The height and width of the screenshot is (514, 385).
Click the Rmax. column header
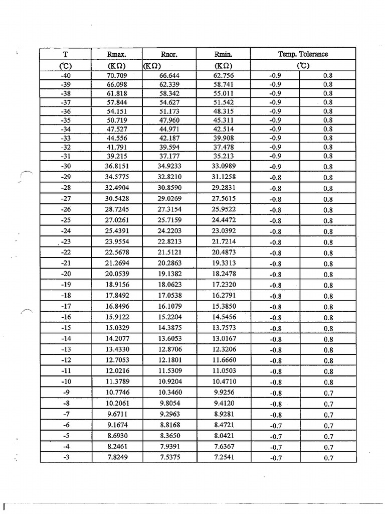pos(117,54)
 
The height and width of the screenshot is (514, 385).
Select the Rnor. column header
pos(169,54)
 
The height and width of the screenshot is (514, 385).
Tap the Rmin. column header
pos(224,54)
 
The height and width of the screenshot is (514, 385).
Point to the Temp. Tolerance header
pos(303,54)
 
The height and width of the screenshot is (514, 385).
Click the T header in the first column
pos(65,54)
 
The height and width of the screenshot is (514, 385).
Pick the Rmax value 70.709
pos(117,76)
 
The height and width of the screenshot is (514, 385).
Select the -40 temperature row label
pos(65,76)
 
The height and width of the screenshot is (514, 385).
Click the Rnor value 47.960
pos(169,120)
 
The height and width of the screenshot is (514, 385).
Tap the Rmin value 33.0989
pos(224,166)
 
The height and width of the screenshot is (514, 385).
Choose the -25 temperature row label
pos(66,220)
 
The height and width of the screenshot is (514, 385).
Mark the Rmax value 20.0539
pos(117,274)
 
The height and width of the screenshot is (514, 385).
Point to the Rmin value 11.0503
pos(224,371)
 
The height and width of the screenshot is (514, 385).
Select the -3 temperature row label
pos(66,457)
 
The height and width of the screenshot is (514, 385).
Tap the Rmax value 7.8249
pos(117,457)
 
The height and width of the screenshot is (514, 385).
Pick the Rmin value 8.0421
pos(224,436)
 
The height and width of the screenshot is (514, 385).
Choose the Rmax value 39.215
pos(117,156)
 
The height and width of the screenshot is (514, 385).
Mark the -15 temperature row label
pos(66,328)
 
